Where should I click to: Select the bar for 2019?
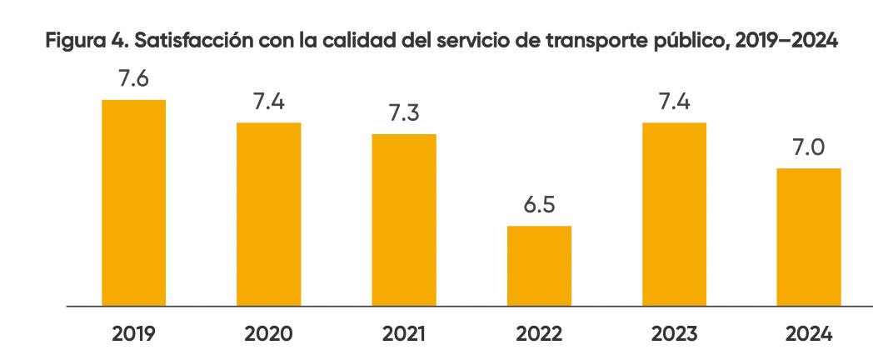(x=133, y=202)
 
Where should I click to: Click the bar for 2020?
(x=268, y=214)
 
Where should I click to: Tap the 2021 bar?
(x=404, y=220)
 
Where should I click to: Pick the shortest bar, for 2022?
(x=539, y=266)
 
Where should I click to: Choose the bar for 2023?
(x=674, y=214)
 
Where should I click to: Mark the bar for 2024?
(x=809, y=237)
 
